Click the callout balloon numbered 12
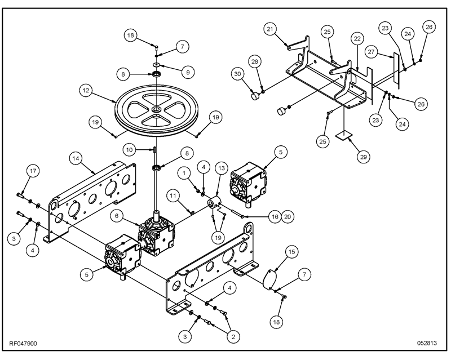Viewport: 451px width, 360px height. (x=86, y=91)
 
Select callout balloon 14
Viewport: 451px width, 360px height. (x=76, y=158)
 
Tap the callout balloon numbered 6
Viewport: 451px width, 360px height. (x=117, y=216)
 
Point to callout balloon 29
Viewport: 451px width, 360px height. (x=363, y=157)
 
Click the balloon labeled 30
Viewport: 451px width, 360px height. (x=237, y=74)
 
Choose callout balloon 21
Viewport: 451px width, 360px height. (x=270, y=29)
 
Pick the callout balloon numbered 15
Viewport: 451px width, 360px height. (x=291, y=252)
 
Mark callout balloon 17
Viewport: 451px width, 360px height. (x=33, y=171)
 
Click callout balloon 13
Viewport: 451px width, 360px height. (x=222, y=168)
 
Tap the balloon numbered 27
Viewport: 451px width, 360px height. (x=372, y=52)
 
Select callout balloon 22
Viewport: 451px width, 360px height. (x=357, y=38)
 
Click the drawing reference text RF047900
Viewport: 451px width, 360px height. (x=23, y=344)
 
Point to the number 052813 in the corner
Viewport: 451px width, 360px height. (x=427, y=343)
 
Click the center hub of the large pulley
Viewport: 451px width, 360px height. (x=157, y=109)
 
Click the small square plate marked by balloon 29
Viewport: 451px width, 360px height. (x=344, y=135)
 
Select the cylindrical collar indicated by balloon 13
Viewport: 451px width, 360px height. (x=214, y=202)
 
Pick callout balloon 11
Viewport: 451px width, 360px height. (x=173, y=197)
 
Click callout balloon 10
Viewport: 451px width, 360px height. (x=130, y=150)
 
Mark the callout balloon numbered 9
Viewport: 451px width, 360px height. (x=188, y=72)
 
